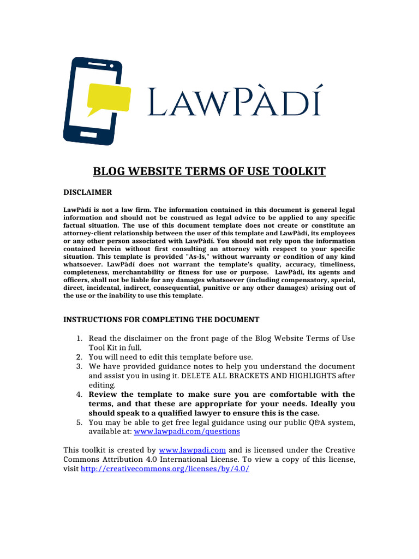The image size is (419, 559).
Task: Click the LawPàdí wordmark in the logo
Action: point(235,103)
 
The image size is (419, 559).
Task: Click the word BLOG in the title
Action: point(107,172)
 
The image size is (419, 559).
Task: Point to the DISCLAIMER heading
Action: point(88,192)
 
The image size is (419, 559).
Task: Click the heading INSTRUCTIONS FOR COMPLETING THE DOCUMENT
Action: point(161,319)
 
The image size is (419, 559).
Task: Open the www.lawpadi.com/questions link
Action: point(187,431)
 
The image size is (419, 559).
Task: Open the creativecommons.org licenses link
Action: point(165,469)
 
